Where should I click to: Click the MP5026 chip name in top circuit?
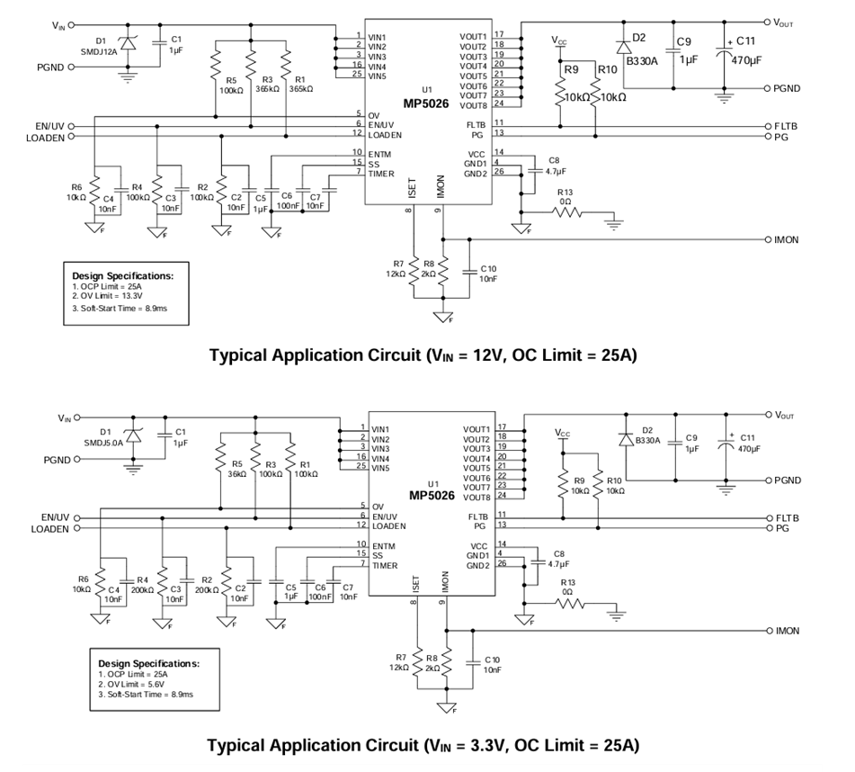428,103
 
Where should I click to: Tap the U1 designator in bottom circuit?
432,483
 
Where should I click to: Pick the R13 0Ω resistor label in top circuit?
565,197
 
